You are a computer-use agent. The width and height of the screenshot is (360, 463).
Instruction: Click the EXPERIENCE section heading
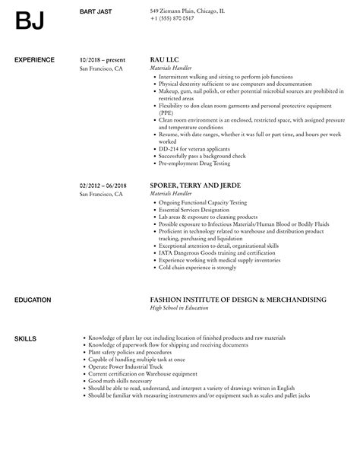[35, 59]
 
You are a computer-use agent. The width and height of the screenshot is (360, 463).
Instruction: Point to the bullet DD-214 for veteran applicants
[194, 148]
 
